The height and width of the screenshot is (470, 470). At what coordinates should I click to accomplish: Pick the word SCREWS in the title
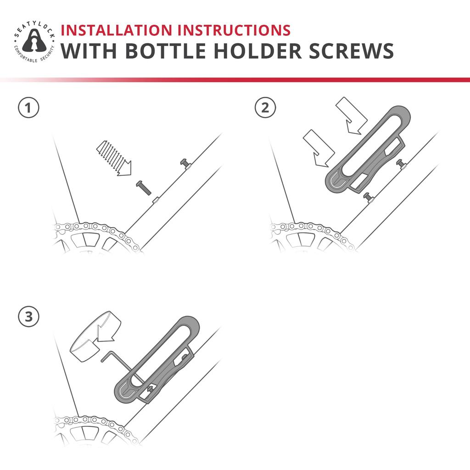point(351,51)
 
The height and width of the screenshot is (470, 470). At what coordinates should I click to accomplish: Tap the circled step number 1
point(28,107)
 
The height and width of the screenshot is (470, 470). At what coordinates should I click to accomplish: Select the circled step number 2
point(265,107)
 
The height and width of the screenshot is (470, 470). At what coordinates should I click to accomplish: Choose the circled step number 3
point(28,317)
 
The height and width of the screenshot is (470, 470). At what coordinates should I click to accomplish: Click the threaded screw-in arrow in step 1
point(114,158)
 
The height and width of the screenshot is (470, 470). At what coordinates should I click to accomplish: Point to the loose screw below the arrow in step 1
point(144,188)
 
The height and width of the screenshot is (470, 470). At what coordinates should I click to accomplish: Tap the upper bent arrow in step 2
point(352,115)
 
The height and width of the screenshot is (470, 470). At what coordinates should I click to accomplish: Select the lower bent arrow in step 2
point(319,148)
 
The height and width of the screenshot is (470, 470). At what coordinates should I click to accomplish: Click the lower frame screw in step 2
point(368,197)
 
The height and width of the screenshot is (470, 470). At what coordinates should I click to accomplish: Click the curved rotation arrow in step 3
point(95,336)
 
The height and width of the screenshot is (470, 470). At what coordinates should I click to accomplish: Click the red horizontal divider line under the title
point(235,80)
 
